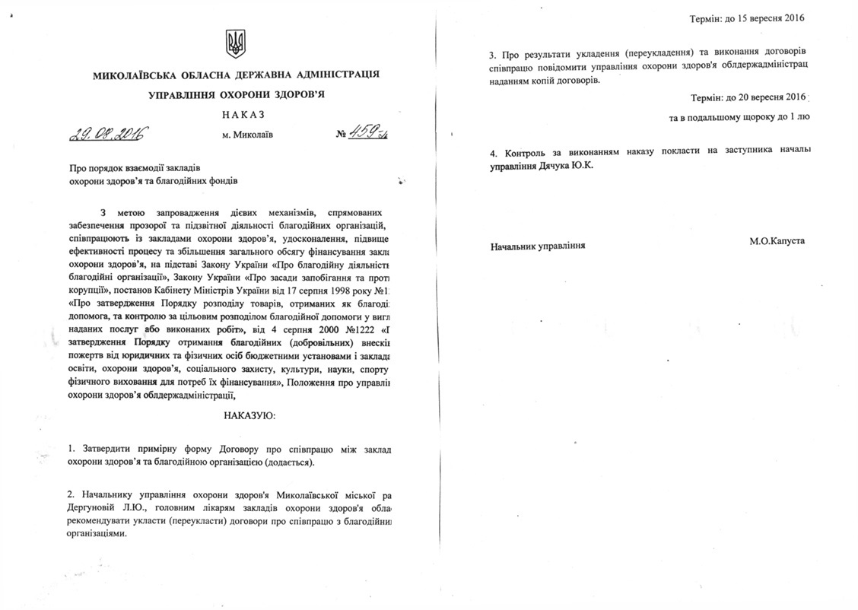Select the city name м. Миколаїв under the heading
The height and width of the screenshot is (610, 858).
coord(244,135)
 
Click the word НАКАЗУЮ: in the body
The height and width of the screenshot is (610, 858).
coord(250,416)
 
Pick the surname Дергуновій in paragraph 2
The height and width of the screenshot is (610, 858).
coord(95,507)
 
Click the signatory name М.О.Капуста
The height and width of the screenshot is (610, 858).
coord(777,241)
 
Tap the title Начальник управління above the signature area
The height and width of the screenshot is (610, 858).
coord(538,247)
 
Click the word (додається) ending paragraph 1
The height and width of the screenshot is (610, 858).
coord(287,462)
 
